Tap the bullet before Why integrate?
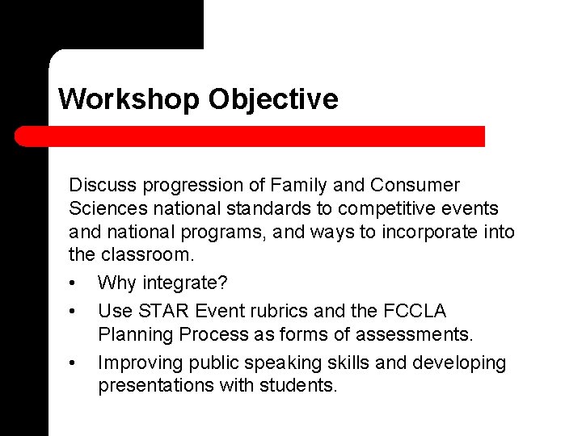tap(73, 283)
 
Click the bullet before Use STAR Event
tap(73, 312)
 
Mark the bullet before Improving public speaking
tap(73, 364)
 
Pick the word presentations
tap(156, 386)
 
